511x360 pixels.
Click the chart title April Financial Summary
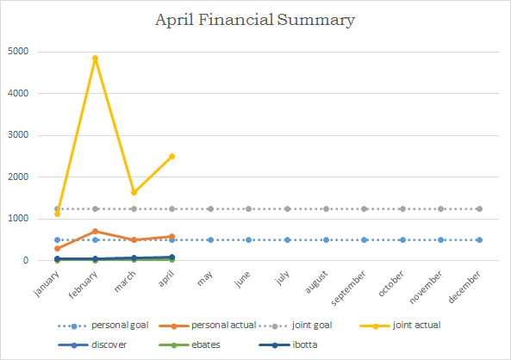255,20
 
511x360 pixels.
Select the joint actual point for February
95,59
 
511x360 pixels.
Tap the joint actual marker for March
134,193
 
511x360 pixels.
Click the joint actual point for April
171,157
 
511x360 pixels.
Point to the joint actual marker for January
58,214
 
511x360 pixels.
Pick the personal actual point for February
95,232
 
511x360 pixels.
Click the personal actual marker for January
58,249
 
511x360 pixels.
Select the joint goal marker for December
479,208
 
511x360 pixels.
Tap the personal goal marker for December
479,239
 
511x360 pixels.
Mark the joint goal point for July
287,208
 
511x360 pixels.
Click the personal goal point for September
364,239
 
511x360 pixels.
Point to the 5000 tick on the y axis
18,52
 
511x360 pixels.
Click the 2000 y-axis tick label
18,177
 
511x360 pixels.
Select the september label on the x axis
348,289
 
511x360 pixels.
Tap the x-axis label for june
242,279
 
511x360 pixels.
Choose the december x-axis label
464,287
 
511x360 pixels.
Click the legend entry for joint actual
400,326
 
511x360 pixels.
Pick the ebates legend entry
190,345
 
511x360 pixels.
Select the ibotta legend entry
288,345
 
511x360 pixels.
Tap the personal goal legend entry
103,326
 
